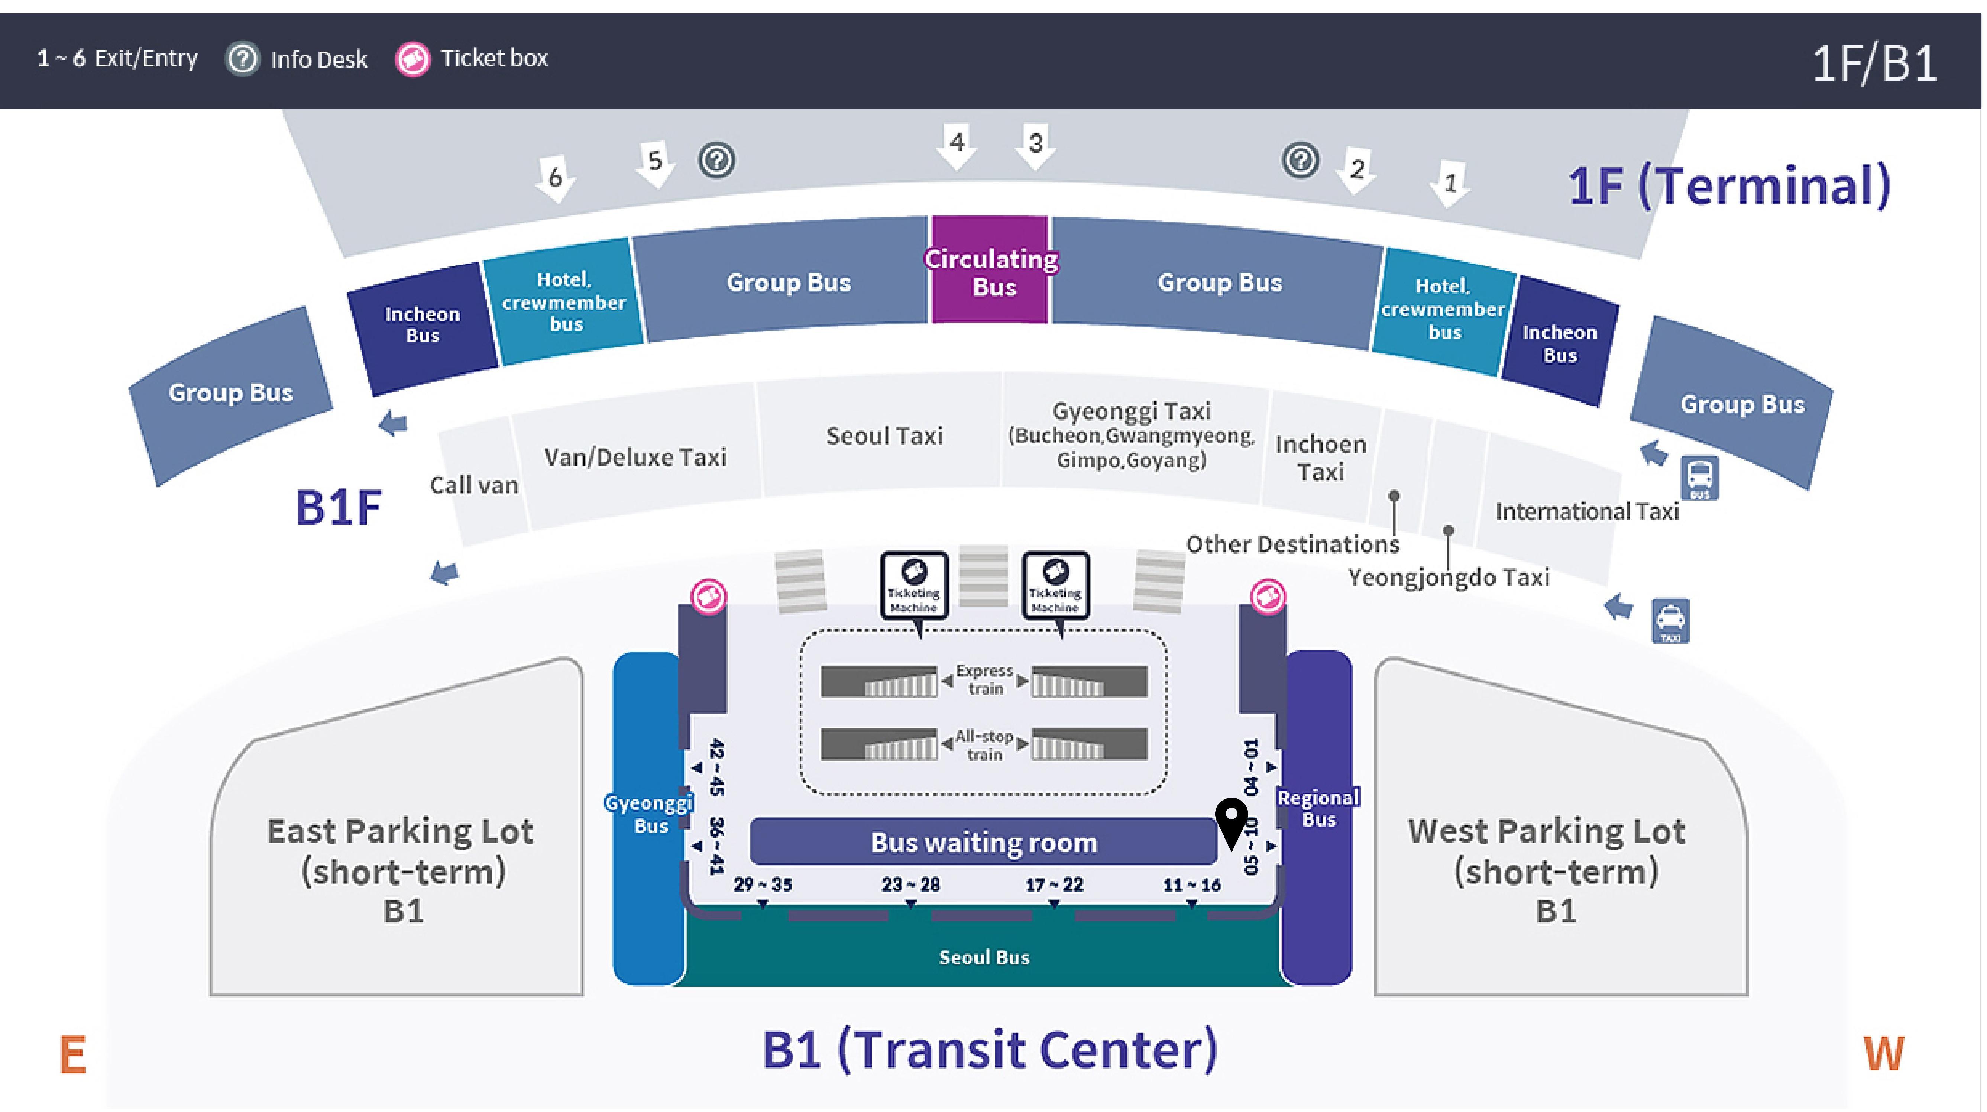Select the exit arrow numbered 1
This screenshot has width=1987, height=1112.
(1449, 184)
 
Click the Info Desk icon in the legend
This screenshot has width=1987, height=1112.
(242, 59)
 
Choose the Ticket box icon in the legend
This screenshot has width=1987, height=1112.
(412, 59)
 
